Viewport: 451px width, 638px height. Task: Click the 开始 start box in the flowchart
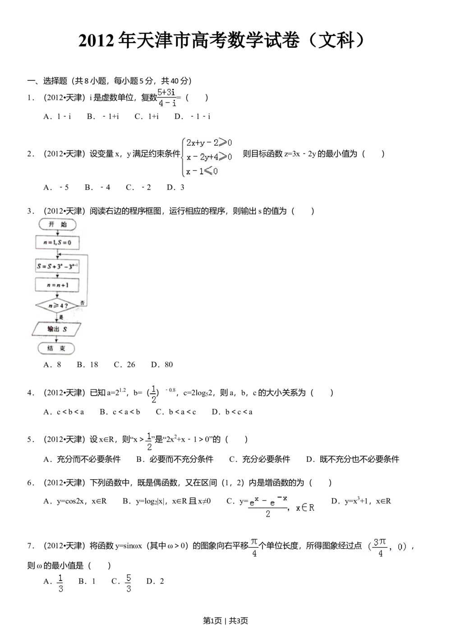pyautogui.click(x=57, y=225)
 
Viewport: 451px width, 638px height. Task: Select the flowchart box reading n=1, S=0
pyautogui.click(x=57, y=243)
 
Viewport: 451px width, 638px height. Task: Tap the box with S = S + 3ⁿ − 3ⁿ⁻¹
pyautogui.click(x=57, y=266)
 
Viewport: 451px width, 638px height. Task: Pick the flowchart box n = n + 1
pyautogui.click(x=57, y=285)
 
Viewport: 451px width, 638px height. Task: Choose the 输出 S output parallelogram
pyautogui.click(x=57, y=329)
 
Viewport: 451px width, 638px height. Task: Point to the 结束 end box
pyautogui.click(x=57, y=348)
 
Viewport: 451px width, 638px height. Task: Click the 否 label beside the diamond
pyautogui.click(x=83, y=302)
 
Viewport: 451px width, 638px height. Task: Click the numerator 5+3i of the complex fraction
pyautogui.click(x=166, y=92)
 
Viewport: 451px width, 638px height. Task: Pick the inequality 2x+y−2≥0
pyautogui.click(x=209, y=143)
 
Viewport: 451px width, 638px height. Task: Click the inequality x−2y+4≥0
pyautogui.click(x=209, y=157)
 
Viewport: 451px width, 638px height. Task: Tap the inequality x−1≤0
pyautogui.click(x=202, y=171)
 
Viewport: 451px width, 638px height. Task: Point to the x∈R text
pyautogui.click(x=305, y=508)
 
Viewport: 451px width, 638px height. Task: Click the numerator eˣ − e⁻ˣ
pyautogui.click(x=268, y=500)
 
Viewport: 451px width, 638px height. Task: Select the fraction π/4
pyautogui.click(x=253, y=547)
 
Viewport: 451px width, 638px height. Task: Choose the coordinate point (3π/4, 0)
pyautogui.click(x=387, y=547)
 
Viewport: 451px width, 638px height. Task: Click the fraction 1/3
pyautogui.click(x=60, y=583)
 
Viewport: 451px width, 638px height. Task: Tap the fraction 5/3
pyautogui.click(x=129, y=583)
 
